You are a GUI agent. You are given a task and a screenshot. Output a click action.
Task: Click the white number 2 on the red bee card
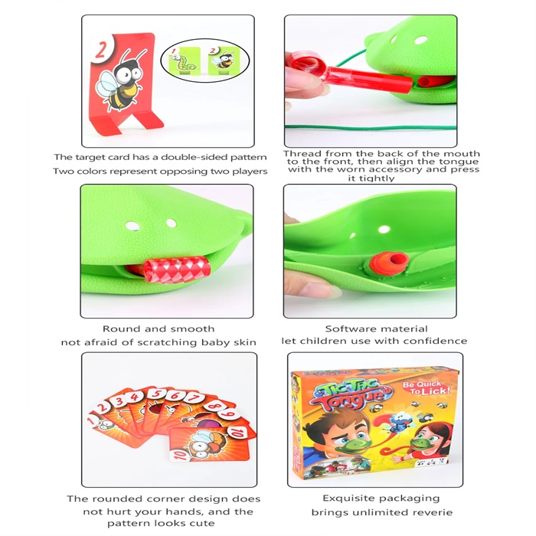(101, 50)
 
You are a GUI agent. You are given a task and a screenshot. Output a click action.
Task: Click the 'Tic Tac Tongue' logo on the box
(352, 393)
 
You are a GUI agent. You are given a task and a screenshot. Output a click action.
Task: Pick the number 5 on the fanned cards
(156, 394)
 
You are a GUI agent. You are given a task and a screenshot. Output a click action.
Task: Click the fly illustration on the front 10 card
(207, 443)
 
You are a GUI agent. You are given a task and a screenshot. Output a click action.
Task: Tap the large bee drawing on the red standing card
(119, 80)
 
